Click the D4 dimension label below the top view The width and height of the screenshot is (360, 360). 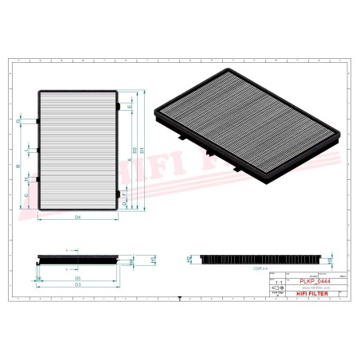click(x=77, y=217)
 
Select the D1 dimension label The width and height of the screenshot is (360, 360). click(x=143, y=149)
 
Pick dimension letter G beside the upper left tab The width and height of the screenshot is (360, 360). click(x=18, y=120)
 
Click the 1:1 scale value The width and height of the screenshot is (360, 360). click(x=278, y=282)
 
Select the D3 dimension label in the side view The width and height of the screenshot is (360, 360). click(x=77, y=284)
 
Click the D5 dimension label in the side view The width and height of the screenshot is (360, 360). click(x=77, y=277)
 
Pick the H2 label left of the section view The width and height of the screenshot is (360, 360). click(x=189, y=259)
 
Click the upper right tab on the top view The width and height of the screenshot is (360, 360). click(x=119, y=104)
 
